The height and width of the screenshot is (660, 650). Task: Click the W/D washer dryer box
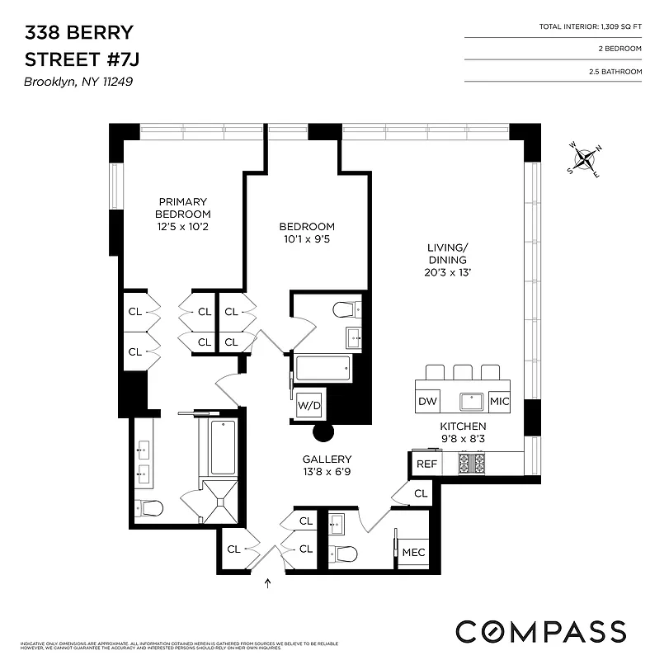[x=309, y=406]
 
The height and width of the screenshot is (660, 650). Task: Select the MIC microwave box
[x=499, y=402]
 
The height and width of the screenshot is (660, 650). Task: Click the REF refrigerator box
[x=426, y=464]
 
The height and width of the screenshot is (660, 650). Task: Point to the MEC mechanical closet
[x=413, y=552]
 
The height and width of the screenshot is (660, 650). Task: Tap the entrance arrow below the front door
[x=267, y=584]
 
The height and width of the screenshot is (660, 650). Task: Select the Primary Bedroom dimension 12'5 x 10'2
[x=183, y=226]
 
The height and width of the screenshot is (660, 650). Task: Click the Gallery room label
[x=327, y=460]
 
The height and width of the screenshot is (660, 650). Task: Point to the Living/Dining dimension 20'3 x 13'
[x=448, y=271]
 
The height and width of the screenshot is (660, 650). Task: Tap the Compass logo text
[x=540, y=631]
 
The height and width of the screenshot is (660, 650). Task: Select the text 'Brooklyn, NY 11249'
[x=78, y=82]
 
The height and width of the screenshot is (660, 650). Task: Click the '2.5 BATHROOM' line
[x=597, y=72]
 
